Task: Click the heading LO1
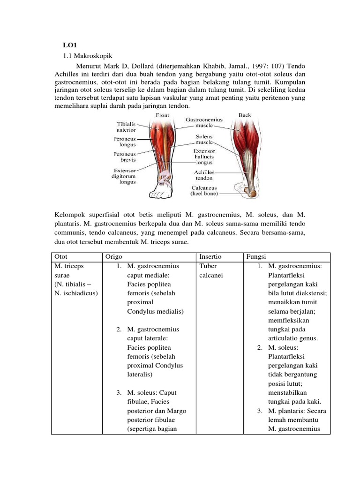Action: [x=70, y=45]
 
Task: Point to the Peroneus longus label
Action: [x=124, y=142]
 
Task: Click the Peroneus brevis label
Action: [x=124, y=157]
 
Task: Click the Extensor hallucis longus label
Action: [x=204, y=157]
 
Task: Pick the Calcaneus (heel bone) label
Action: [x=204, y=189]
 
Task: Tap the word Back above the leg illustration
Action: [x=245, y=114]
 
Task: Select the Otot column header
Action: [x=61, y=257]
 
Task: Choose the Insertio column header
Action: [x=210, y=257]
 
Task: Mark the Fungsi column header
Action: [x=256, y=257]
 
